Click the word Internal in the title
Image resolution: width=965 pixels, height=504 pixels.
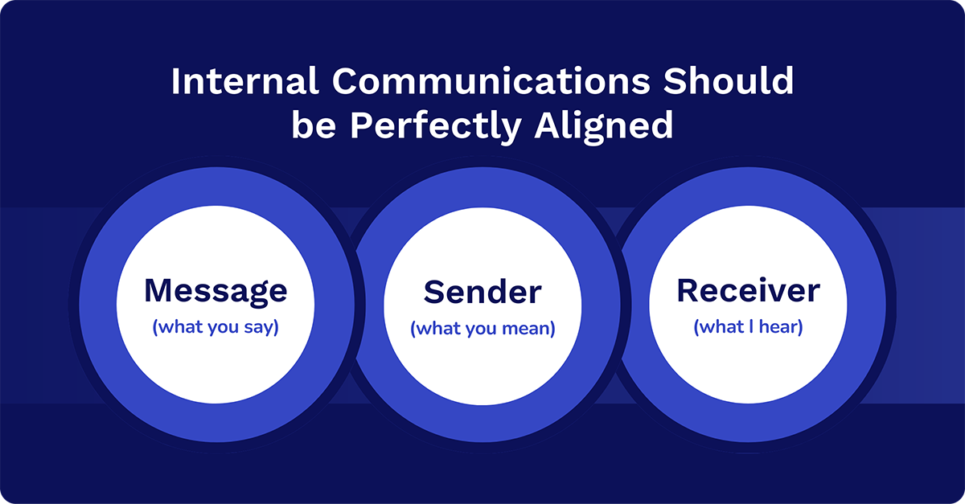coord(244,80)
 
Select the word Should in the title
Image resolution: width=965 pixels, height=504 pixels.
coord(728,80)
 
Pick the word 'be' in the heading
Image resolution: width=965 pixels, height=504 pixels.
coord(314,125)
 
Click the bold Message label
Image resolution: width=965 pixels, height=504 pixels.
coord(216,292)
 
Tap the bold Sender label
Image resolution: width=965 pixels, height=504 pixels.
coord(482,293)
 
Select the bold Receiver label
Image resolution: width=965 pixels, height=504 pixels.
coord(749,291)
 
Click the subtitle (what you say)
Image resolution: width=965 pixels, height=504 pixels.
coord(216,327)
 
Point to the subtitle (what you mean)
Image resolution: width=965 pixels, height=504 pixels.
coord(482,329)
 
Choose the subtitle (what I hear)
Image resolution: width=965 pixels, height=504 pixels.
coord(749,327)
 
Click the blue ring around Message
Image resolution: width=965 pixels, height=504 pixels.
coord(98,305)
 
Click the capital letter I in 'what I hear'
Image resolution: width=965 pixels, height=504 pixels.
coord(751,327)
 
